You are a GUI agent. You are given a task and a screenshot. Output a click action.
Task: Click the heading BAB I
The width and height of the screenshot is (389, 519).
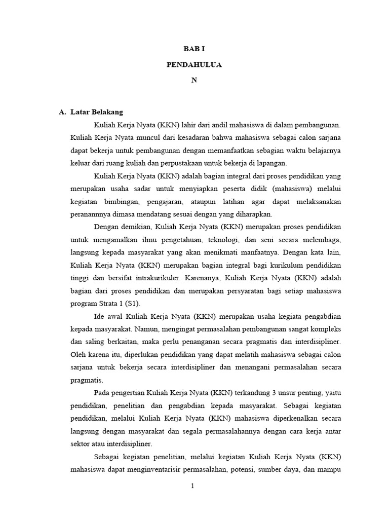tap(194, 49)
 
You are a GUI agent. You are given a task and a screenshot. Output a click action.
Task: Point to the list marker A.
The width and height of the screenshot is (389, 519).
tap(63, 112)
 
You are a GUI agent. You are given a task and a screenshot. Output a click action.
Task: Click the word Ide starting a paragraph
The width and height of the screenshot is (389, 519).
tap(100, 317)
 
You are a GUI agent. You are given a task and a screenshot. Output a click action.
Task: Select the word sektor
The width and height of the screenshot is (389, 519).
tap(81, 445)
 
